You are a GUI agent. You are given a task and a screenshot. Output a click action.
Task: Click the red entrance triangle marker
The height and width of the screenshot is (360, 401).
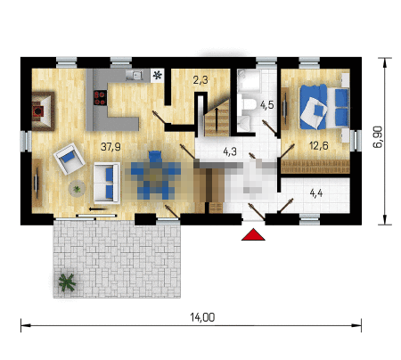point(253,234)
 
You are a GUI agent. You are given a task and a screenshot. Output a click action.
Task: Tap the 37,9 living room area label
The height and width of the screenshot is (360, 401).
point(110,147)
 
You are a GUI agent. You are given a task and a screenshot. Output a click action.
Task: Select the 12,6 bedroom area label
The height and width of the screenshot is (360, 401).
point(319,146)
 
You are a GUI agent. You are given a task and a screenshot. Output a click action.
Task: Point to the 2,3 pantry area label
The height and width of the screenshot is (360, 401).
point(200,80)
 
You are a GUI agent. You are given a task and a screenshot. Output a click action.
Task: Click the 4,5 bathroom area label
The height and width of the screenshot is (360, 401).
point(267,105)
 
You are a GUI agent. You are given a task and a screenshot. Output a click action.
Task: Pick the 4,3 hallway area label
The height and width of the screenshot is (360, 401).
point(230,151)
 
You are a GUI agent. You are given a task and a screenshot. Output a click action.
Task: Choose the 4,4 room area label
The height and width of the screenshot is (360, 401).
point(316,193)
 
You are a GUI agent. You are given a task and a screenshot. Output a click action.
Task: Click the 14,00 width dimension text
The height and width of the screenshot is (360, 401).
point(202,317)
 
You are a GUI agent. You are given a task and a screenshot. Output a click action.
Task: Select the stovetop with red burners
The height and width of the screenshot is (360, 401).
point(100,98)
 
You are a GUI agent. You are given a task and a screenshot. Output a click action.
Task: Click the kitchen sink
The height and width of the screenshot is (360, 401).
point(135,75)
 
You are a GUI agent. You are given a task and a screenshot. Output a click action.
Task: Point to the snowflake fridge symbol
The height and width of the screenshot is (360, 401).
point(157,75)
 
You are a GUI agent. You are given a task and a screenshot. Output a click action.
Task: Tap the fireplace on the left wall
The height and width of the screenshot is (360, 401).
point(43,111)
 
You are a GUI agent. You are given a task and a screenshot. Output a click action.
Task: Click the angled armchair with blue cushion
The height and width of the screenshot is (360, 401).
point(70,159)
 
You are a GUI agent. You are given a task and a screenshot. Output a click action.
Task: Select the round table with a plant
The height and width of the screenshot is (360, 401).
point(78,188)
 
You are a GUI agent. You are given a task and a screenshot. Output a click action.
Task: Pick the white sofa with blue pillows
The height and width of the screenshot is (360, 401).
point(107,183)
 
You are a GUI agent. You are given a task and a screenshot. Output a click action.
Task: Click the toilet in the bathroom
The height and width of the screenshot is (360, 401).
point(249,104)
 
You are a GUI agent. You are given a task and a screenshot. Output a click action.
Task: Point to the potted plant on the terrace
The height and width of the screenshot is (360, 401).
point(67,282)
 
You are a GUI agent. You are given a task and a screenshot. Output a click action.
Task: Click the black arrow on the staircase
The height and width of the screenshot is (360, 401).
point(217,119)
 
